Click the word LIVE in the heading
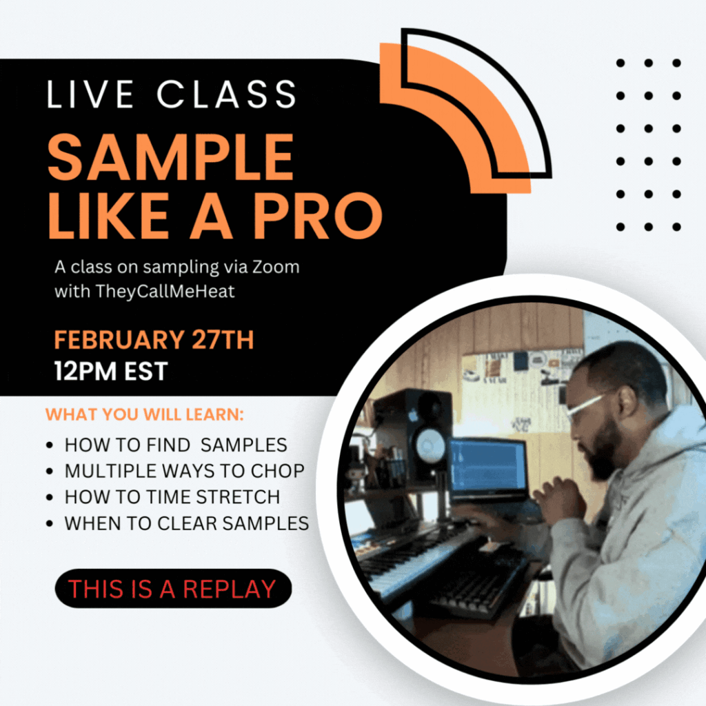pyautogui.click(x=90, y=94)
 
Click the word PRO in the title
pyautogui.click(x=318, y=216)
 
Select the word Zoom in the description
pyautogui.click(x=276, y=267)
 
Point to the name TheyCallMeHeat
pyautogui.click(x=165, y=292)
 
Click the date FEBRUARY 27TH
pyautogui.click(x=154, y=340)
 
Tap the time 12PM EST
pyautogui.click(x=111, y=372)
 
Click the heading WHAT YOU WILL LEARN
pyautogui.click(x=145, y=414)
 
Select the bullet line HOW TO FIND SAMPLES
pyautogui.click(x=176, y=445)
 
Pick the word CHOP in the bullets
pyautogui.click(x=277, y=471)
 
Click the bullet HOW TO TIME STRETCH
pyautogui.click(x=172, y=497)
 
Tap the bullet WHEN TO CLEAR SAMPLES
pyautogui.click(x=186, y=523)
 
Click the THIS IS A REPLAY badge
pyautogui.click(x=173, y=589)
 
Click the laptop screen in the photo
pyautogui.click(x=488, y=465)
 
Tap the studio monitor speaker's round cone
pyautogui.click(x=431, y=445)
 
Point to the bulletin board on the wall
pyautogui.click(x=518, y=381)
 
